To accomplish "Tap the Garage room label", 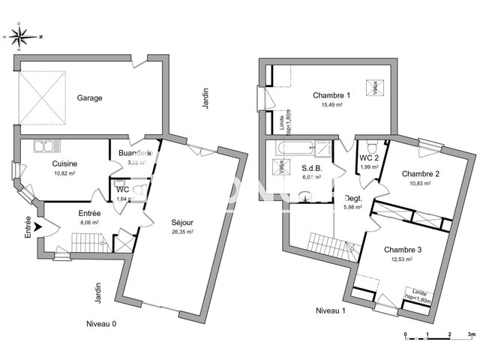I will point(89,97).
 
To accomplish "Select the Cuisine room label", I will point(65,163).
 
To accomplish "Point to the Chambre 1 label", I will point(331,95).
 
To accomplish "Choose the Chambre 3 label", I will point(403,249).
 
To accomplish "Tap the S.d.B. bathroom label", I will point(312,168).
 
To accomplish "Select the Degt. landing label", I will point(352,198).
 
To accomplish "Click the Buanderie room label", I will point(135,153).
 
